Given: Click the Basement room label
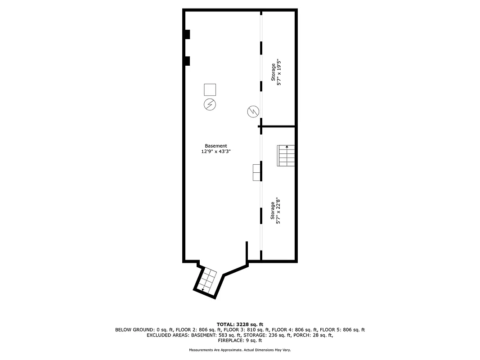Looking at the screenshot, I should point(216,146).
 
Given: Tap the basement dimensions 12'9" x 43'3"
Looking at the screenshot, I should point(216,152).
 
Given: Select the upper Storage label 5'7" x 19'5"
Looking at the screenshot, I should point(276,72).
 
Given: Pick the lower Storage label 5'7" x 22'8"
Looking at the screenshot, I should point(276,210).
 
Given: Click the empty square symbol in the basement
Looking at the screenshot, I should point(210,90).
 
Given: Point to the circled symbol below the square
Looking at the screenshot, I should point(210,104).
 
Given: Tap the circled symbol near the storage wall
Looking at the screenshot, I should point(253,111).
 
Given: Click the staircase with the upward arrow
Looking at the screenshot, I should point(286,156).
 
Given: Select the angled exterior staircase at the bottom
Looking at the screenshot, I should point(207,281).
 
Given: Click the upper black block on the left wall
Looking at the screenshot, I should point(187,34).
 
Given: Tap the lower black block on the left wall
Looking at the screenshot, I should point(187,61).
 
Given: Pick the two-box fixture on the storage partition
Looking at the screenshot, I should point(256,172).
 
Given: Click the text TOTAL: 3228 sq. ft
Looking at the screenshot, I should point(240,324).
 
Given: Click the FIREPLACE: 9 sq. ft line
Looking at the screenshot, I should point(240,341).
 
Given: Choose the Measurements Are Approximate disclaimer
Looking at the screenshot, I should point(240,350).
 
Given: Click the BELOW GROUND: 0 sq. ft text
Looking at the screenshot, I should point(142,329).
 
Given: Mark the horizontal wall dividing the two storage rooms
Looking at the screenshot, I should point(278,126).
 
